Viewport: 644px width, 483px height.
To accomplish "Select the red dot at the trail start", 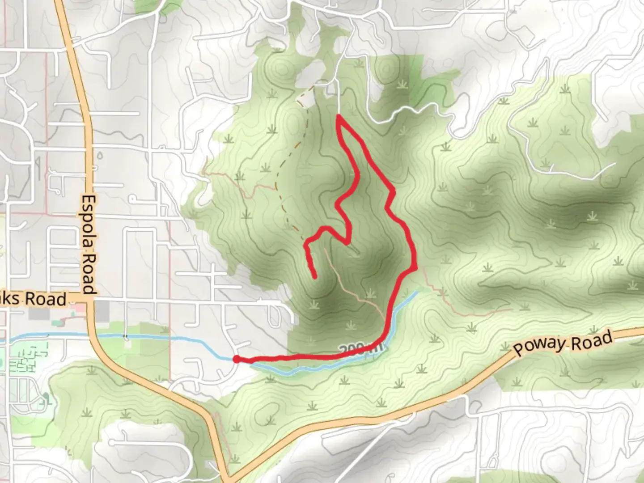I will pos(236,359).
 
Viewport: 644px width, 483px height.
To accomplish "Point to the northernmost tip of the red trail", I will pos(339,117).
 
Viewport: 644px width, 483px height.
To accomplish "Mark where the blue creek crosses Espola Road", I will pos(95,335).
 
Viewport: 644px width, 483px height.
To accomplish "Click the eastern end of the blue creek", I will pos(416,292).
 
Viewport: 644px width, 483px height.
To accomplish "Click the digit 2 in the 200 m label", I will pos(343,349).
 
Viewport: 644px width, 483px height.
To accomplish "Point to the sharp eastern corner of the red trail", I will pos(416,268).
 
